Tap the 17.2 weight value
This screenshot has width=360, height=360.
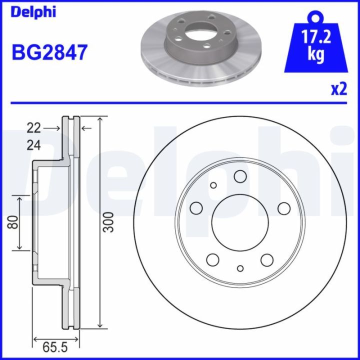(x=314, y=36)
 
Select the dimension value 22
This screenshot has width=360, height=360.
(x=33, y=128)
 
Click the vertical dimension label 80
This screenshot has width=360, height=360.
(x=14, y=222)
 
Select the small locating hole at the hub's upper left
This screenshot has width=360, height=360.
(x=213, y=185)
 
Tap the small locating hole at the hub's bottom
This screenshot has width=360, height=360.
(x=240, y=268)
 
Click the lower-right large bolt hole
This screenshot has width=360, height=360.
(x=267, y=259)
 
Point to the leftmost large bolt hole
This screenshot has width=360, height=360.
(x=196, y=207)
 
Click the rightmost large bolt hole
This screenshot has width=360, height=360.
(x=284, y=208)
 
